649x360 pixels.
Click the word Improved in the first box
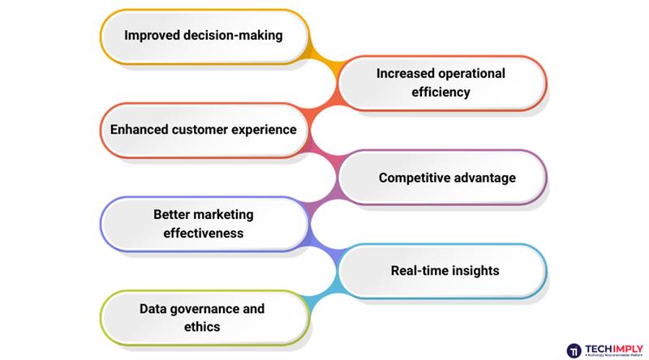(152, 36)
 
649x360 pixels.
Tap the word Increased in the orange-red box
(405, 74)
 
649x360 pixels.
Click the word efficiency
(441, 92)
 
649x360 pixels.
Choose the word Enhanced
(139, 130)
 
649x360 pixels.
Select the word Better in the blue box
(171, 215)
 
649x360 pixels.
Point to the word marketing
(223, 215)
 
